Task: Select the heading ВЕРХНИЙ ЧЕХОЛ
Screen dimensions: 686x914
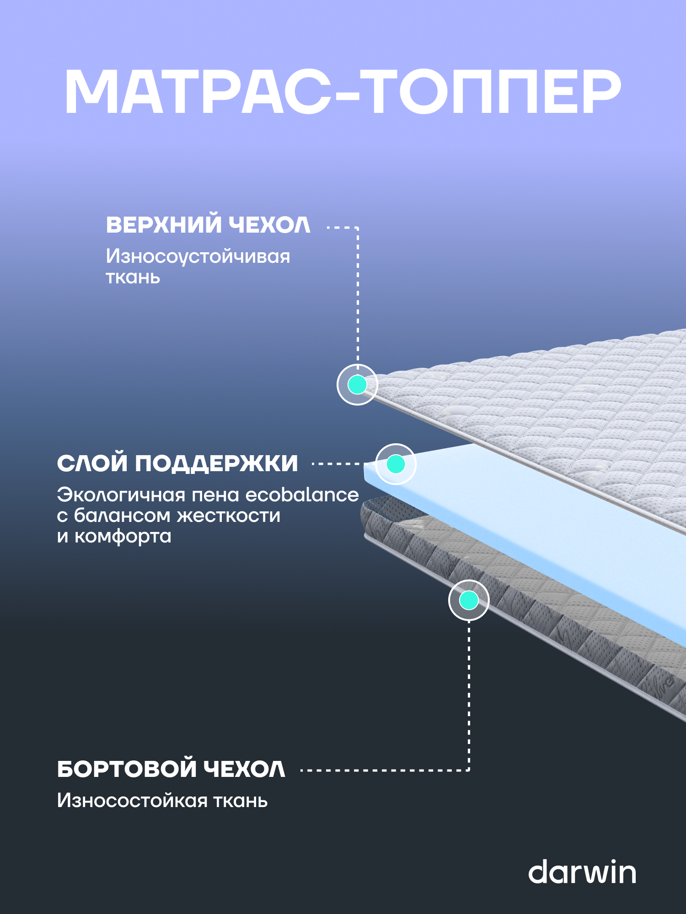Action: (x=208, y=225)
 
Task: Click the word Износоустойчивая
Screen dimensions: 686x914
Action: (x=198, y=256)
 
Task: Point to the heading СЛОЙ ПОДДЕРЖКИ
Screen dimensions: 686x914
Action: (x=177, y=463)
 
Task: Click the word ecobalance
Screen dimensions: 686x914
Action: (x=302, y=495)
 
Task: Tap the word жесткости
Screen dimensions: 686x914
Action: (x=229, y=515)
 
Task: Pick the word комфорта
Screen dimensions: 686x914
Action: (x=123, y=536)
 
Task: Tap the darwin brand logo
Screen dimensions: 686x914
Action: (x=582, y=872)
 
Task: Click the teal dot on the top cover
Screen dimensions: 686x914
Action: (x=357, y=384)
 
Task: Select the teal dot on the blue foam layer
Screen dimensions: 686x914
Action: (x=396, y=464)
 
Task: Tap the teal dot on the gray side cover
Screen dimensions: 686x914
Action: (x=469, y=600)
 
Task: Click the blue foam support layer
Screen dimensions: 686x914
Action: (x=526, y=526)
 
